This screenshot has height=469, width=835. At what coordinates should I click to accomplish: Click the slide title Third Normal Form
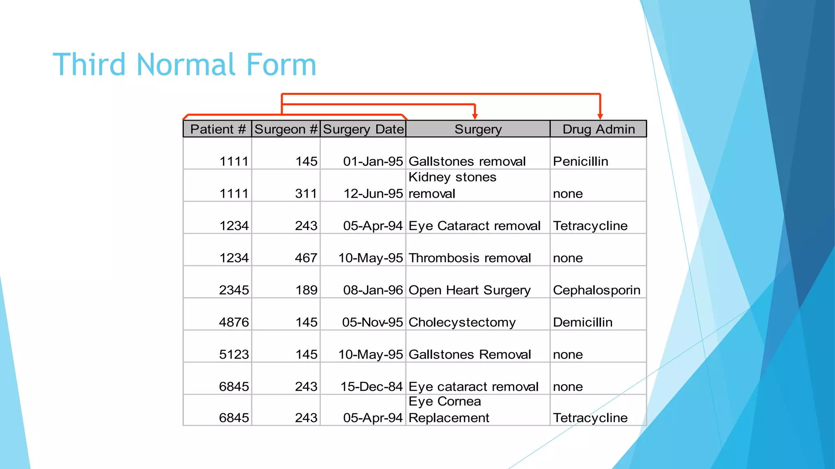tap(185, 65)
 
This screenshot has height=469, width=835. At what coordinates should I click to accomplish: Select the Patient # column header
tap(218, 129)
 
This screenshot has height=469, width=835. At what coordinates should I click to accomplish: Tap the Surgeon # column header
tap(286, 129)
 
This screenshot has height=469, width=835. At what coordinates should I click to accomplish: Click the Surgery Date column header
tap(363, 129)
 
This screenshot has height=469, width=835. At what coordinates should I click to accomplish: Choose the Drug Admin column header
tap(599, 129)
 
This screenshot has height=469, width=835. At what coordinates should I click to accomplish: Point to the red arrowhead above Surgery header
tap(475, 116)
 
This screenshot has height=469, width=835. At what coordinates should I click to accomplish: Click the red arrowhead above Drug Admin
tap(600, 116)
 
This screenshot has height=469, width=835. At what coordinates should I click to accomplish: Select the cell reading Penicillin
tap(581, 161)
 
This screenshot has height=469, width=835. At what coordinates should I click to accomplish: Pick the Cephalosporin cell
tap(596, 290)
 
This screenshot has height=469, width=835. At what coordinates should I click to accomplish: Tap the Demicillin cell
tap(583, 322)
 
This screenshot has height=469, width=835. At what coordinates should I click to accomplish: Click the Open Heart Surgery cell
tap(470, 290)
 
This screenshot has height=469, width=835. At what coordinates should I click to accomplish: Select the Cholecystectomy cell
tap(462, 322)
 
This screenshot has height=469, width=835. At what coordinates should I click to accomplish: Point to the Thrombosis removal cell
tap(470, 258)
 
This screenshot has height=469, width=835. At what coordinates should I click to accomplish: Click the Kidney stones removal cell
tap(453, 185)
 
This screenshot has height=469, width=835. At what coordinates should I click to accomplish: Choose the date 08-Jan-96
tap(373, 290)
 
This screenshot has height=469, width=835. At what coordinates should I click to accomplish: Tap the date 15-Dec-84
tap(371, 386)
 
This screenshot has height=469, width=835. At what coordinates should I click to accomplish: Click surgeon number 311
tap(306, 193)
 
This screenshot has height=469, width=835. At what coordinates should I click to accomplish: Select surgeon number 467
tap(306, 258)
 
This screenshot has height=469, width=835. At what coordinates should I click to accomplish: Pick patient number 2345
tap(234, 290)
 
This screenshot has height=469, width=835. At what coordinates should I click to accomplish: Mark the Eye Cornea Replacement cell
tap(448, 410)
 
